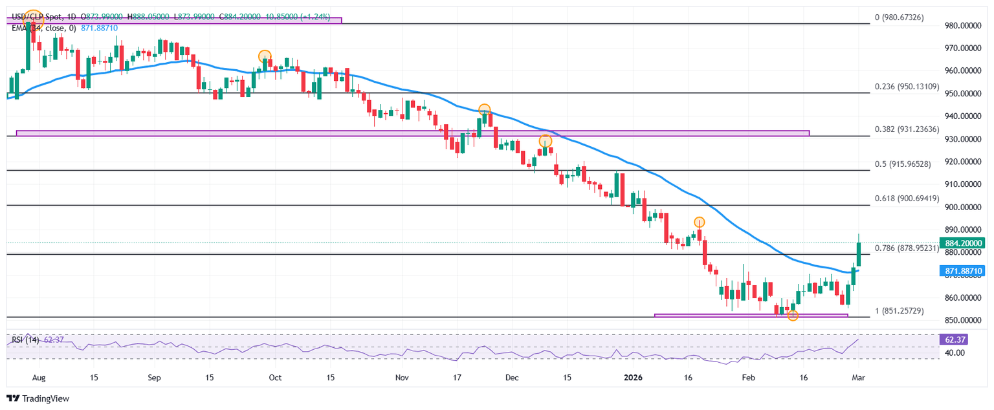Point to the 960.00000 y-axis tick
964,70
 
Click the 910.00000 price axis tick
964,184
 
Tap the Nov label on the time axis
403,377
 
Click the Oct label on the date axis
274,377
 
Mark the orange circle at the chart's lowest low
793,316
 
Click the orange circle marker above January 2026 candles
699,222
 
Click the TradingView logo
38,399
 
